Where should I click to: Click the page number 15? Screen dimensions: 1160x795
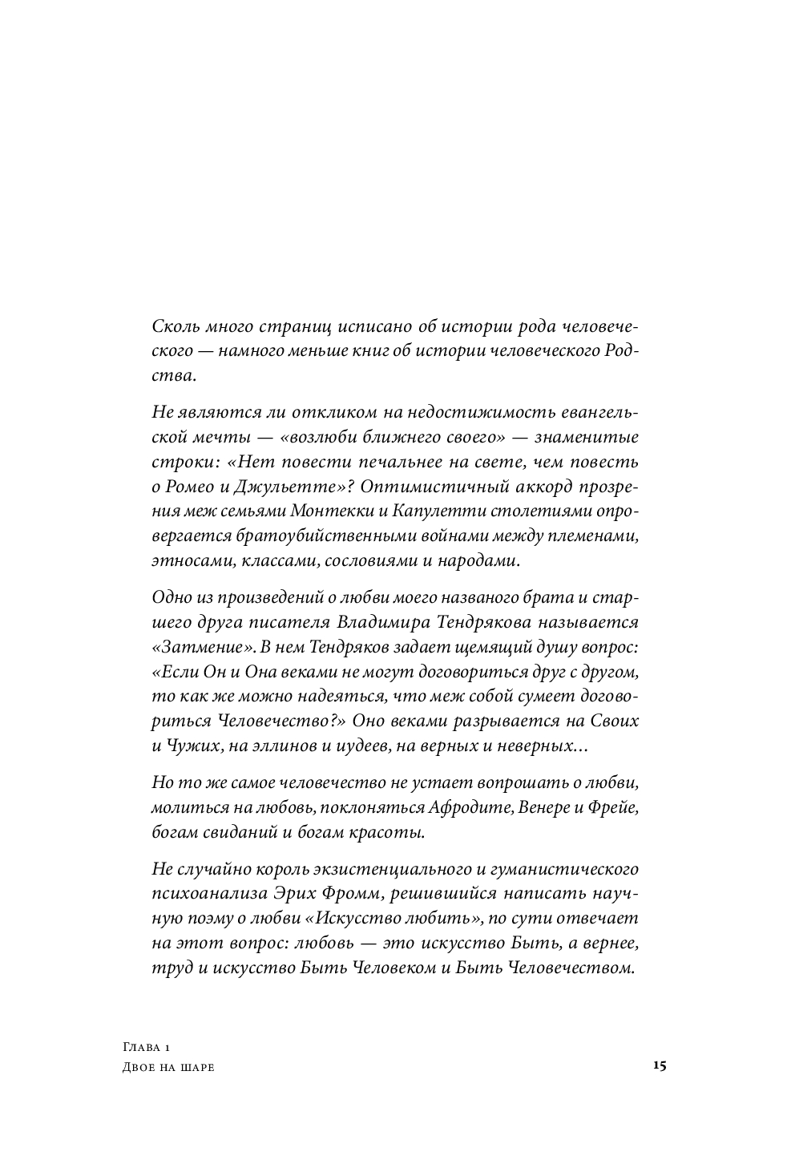pos(660,1065)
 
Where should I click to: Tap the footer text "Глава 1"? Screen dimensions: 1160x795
pos(148,1048)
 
